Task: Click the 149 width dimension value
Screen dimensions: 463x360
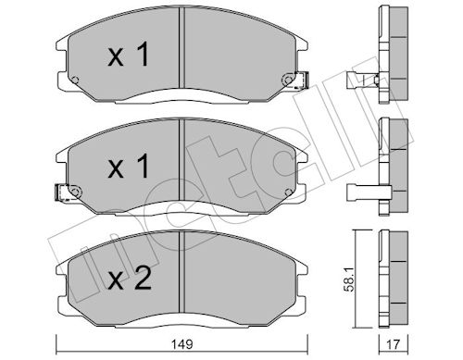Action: pyautogui.click(x=181, y=344)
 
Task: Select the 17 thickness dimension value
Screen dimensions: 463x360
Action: pyautogui.click(x=393, y=344)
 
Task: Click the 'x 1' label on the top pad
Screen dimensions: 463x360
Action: pyautogui.click(x=129, y=55)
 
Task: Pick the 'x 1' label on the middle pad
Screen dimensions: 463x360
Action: pyautogui.click(x=129, y=167)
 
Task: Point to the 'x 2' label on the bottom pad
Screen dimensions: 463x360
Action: pyautogui.click(x=130, y=279)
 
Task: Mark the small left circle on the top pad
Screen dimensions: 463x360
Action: pyautogui.click(x=75, y=80)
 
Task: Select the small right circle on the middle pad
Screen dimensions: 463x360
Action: pyautogui.click(x=288, y=192)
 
